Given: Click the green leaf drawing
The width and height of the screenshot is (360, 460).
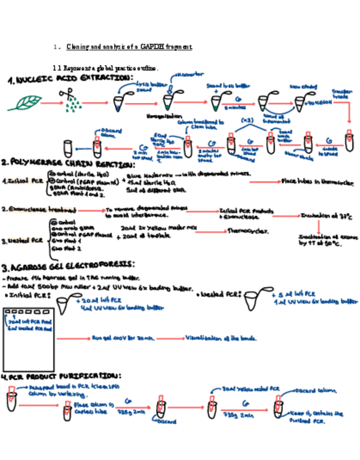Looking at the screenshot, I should tap(24, 103).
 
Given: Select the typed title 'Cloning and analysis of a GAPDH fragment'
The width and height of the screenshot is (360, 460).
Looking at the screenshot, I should tap(129, 47).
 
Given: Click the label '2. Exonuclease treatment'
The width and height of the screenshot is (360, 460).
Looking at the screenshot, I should tap(38, 209).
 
